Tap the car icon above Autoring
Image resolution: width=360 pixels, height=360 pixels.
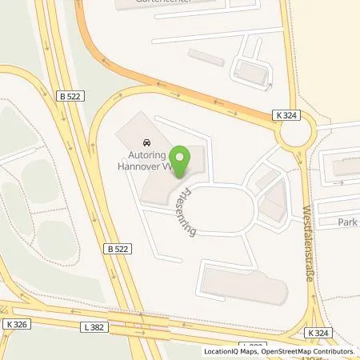(x=146, y=144)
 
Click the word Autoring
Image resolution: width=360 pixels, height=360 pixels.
(x=145, y=157)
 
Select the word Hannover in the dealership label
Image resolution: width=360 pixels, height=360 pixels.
(x=142, y=168)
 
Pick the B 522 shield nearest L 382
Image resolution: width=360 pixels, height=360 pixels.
(x=117, y=250)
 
